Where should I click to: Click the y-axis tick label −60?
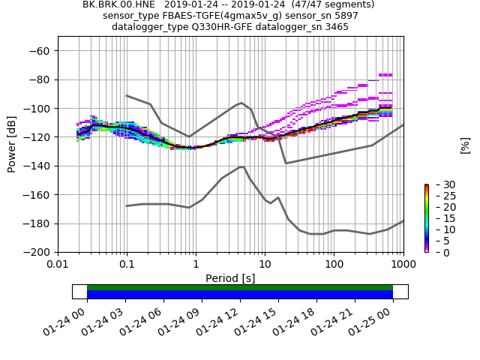[x=40, y=51]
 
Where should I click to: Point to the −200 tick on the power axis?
[x=40, y=253]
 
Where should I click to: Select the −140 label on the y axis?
[x=40, y=166]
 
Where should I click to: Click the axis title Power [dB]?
[x=12, y=144]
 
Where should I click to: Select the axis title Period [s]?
[x=230, y=278]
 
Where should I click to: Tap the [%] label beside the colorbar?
[x=465, y=145]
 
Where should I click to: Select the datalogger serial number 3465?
[x=334, y=27]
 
